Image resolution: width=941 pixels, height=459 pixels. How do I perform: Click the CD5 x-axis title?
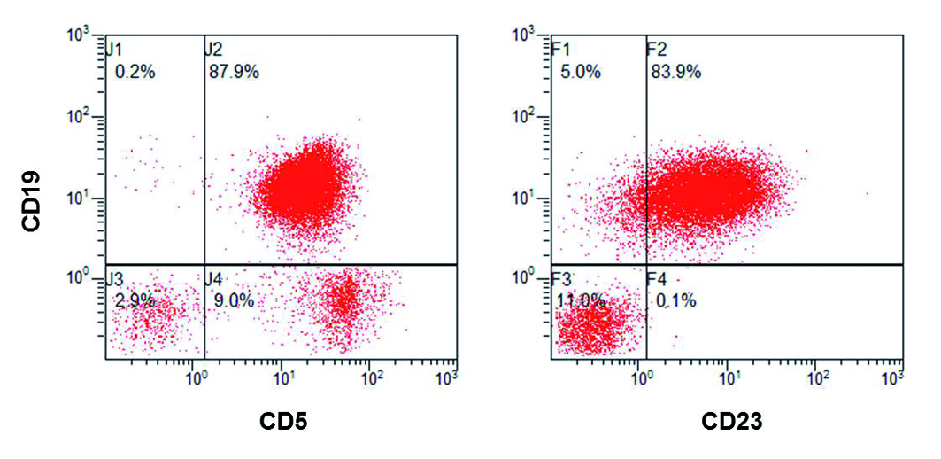tap(282, 421)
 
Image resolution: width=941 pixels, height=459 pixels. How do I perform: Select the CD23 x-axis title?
tap(731, 421)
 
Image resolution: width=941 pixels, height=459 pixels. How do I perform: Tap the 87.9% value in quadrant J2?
tap(234, 73)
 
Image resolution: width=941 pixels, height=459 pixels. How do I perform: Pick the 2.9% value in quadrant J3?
tap(135, 300)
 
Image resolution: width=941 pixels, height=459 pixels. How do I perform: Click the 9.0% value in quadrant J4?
tap(234, 300)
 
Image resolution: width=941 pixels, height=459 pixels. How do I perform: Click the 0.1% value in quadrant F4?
tap(676, 300)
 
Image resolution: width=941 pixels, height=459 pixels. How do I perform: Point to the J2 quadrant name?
tap(213, 49)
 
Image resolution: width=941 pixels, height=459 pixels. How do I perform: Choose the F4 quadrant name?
tap(656, 278)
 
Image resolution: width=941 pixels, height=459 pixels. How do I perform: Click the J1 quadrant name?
tap(114, 49)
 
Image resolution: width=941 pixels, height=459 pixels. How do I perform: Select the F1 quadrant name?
tap(559, 49)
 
